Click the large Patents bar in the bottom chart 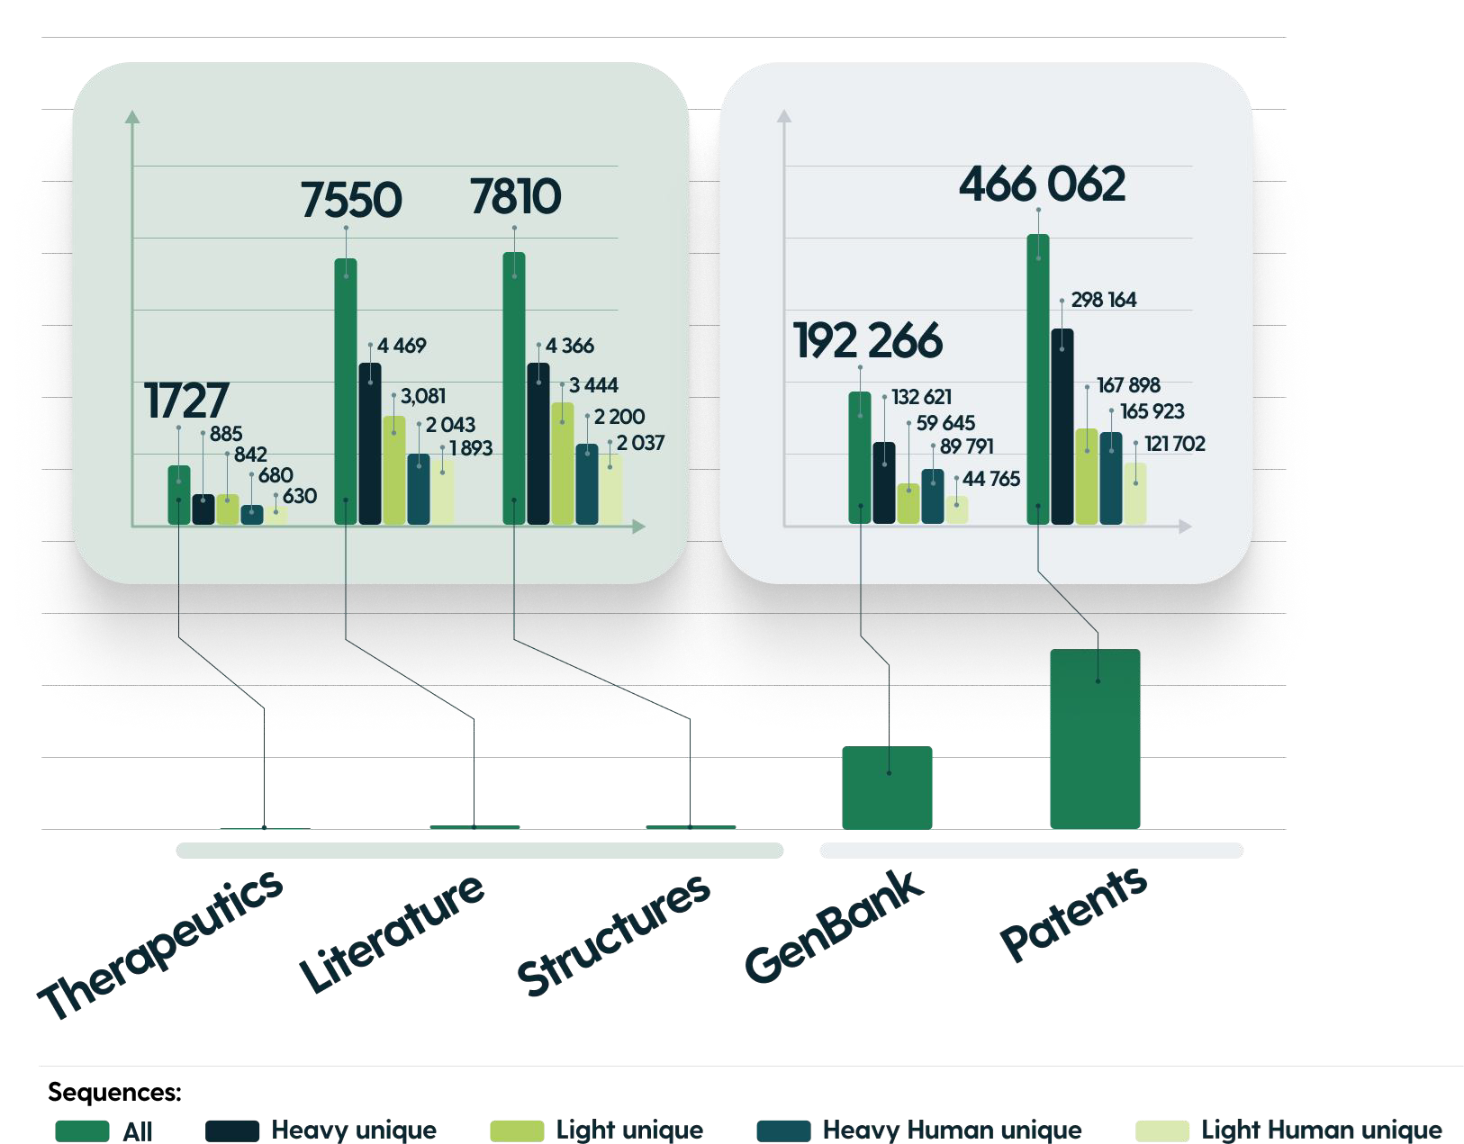coord(1095,738)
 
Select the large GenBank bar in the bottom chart coord(887,788)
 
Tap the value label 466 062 coord(1042,185)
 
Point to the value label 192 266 coord(868,340)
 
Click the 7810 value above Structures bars coord(515,196)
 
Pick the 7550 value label coord(350,200)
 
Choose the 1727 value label coord(186,401)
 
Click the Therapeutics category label coord(160,945)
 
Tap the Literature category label coord(392,933)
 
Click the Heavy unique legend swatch coord(231,1130)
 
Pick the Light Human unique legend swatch coord(1161,1130)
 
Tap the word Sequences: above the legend coord(114,1092)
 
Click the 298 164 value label coord(1104,300)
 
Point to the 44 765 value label coord(991,479)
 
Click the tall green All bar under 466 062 coord(1038,378)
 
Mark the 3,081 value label coord(423,396)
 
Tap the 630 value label coord(300,496)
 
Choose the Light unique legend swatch coord(517,1130)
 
